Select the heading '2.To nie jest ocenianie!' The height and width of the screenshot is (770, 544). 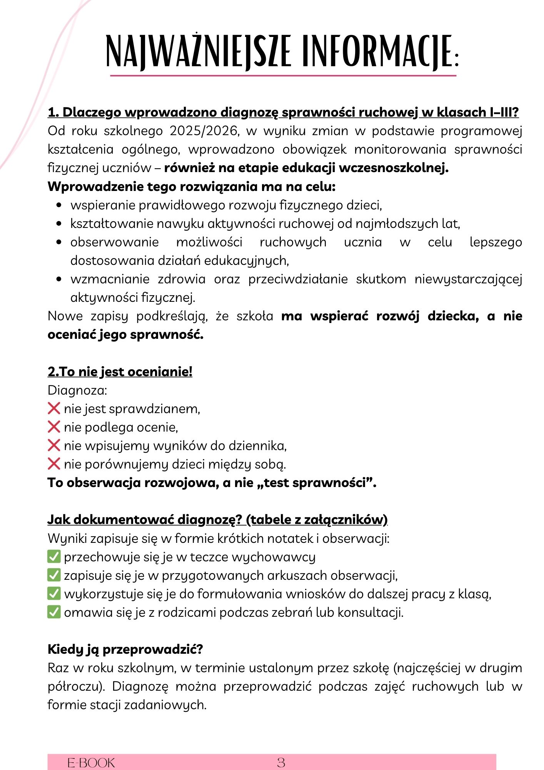click(x=120, y=372)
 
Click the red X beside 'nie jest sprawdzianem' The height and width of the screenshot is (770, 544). click(x=54, y=408)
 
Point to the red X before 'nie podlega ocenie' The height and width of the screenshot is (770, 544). click(x=54, y=427)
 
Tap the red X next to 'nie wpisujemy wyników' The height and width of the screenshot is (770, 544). click(x=54, y=445)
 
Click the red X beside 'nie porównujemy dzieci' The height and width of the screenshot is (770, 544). click(x=54, y=464)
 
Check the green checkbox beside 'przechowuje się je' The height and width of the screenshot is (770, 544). click(x=54, y=557)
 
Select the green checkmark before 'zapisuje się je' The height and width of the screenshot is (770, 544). click(x=54, y=575)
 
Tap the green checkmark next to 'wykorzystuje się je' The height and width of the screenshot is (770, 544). click(x=54, y=594)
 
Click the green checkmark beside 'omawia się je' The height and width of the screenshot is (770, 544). click(x=54, y=612)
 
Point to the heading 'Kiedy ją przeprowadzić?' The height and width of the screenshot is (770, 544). click(x=125, y=649)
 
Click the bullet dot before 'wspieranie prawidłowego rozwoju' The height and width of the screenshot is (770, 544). click(x=59, y=206)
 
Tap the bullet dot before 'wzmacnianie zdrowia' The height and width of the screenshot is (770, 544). click(x=59, y=279)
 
